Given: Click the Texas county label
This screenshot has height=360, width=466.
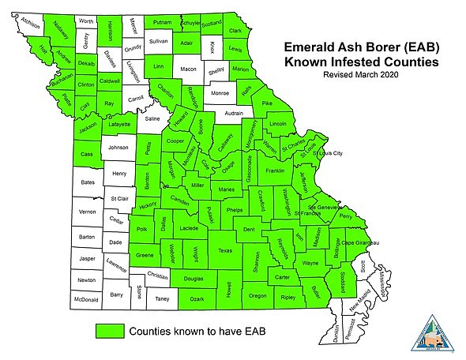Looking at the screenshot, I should pyautogui.click(x=225, y=251).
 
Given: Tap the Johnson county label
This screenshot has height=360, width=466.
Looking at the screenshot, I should pyautogui.click(x=118, y=147).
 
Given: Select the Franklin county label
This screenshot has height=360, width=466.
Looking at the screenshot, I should pyautogui.click(x=275, y=171).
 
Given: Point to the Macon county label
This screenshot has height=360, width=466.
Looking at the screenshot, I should pyautogui.click(x=188, y=69).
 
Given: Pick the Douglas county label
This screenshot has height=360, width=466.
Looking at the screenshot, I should pyautogui.click(x=193, y=279).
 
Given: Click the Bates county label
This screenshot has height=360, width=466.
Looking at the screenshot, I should pyautogui.click(x=87, y=182).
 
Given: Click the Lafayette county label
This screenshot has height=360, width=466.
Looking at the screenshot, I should pyautogui.click(x=118, y=124).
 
